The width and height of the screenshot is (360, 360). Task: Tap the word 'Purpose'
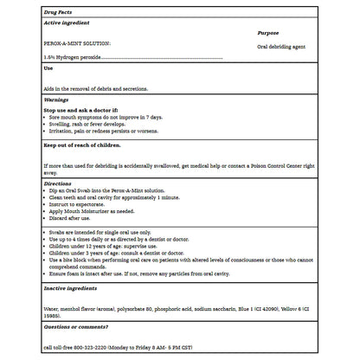(x=268, y=33)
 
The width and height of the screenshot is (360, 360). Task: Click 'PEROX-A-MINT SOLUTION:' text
(x=77, y=42)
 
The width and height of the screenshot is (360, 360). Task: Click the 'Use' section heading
(x=48, y=67)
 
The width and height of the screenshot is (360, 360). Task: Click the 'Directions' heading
(x=58, y=183)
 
